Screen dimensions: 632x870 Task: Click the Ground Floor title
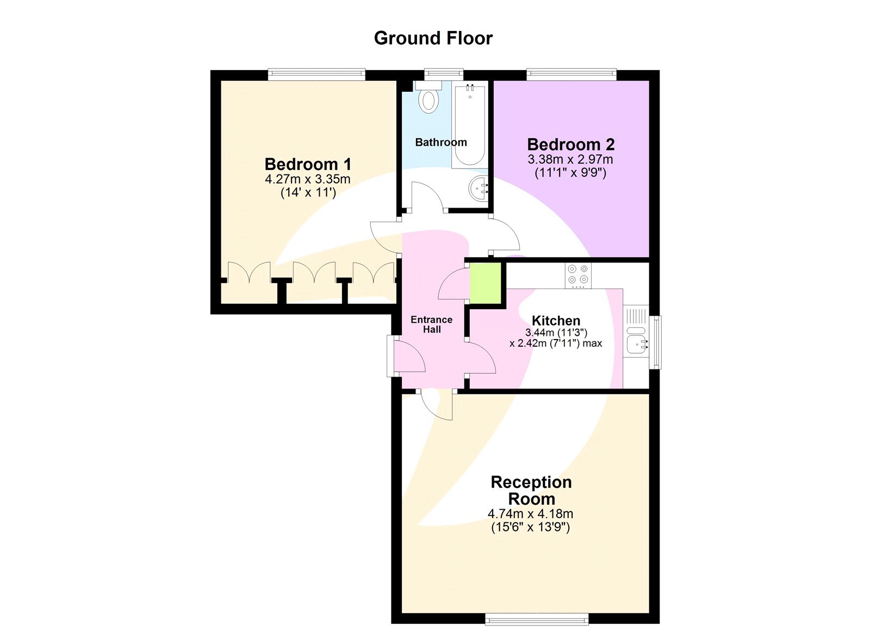(433, 38)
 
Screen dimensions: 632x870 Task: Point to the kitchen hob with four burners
(578, 275)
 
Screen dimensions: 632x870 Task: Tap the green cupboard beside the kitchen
(485, 284)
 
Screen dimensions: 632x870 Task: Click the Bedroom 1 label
(308, 164)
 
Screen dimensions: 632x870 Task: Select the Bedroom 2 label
(571, 145)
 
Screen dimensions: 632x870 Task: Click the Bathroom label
(441, 142)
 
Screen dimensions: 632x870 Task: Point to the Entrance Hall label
(432, 324)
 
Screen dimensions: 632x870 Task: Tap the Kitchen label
(556, 321)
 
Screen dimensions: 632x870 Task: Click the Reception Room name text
(531, 490)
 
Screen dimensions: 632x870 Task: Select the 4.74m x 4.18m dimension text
(530, 514)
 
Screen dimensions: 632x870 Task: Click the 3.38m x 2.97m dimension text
(570, 159)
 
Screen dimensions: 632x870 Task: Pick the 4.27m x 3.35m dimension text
(308, 179)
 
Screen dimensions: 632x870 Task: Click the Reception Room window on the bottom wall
(537, 618)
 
